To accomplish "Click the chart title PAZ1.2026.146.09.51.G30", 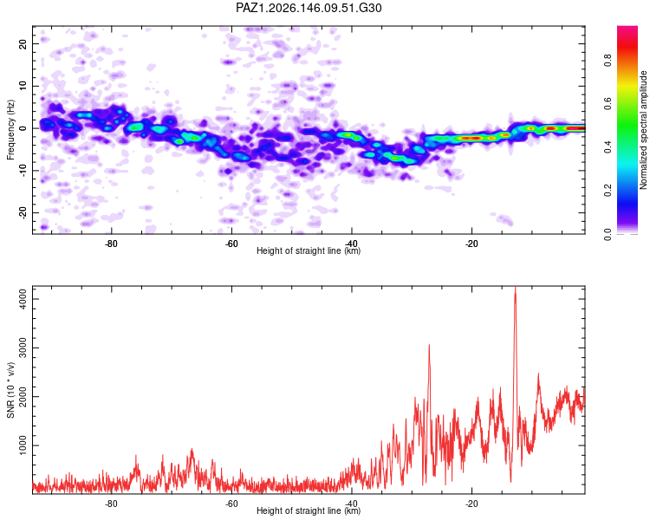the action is coord(309,8).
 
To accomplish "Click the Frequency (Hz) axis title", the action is coord(10,130).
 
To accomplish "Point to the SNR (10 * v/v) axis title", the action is coord(10,390).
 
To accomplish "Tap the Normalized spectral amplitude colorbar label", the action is coord(643,130).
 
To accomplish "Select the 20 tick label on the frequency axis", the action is coord(23,43).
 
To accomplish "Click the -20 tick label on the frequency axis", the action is coord(23,212).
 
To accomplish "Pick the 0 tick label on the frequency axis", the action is coord(23,128).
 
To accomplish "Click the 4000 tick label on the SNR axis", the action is coord(23,299).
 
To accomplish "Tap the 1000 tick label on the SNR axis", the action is coord(23,445).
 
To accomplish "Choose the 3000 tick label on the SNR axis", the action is coord(23,348).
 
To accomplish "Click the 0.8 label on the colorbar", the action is coord(608,61).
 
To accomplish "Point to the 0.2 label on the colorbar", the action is coord(608,191).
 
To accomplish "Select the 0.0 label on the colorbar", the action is coord(608,233).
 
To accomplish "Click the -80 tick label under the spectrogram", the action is coord(111,244).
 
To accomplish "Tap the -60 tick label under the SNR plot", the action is coord(231,504).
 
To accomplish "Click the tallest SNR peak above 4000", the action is coord(516,288).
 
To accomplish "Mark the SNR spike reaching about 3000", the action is coord(429,346).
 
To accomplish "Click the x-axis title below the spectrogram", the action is coord(309,250).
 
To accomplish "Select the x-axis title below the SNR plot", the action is coord(309,510).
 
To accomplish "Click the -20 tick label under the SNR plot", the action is coord(471,504).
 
